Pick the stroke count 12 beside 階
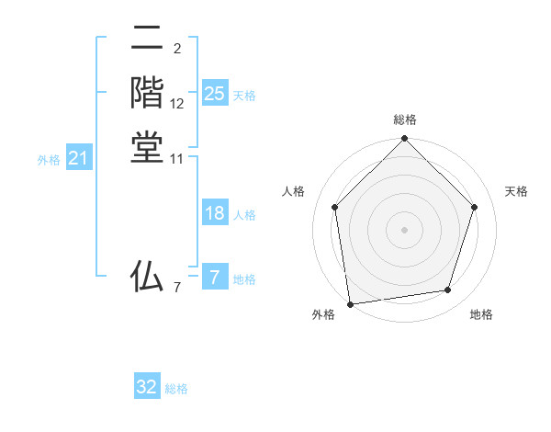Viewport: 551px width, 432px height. pos(177,104)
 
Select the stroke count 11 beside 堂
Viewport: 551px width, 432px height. pos(177,159)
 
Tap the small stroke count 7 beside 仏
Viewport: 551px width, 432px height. pos(176,288)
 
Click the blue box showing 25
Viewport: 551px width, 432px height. pos(214,94)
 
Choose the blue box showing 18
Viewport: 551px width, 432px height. pos(214,213)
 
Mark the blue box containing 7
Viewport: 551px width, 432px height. pos(214,278)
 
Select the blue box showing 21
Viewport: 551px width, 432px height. pos(79,158)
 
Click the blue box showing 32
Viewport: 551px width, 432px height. pos(147,387)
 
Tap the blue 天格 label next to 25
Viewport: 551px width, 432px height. pos(244,96)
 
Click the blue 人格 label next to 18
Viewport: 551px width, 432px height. pos(244,215)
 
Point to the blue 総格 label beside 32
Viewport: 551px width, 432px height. pos(176,389)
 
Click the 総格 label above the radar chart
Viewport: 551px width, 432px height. pos(405,119)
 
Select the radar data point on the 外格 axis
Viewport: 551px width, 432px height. pos(350,303)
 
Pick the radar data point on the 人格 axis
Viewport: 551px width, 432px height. pos(335,207)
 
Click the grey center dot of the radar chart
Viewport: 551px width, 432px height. pos(405,230)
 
